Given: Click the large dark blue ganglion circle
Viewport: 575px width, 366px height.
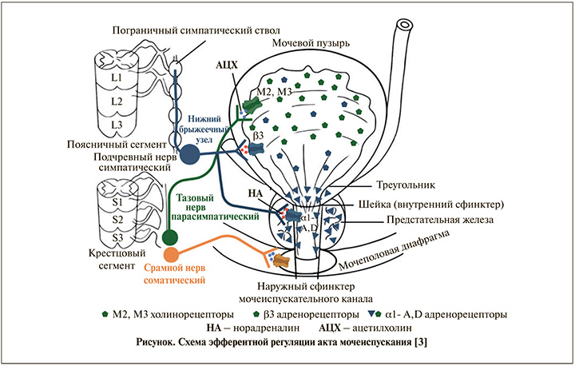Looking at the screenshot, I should [x=192, y=154].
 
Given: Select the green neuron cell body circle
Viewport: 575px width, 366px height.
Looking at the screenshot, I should [x=169, y=238].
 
